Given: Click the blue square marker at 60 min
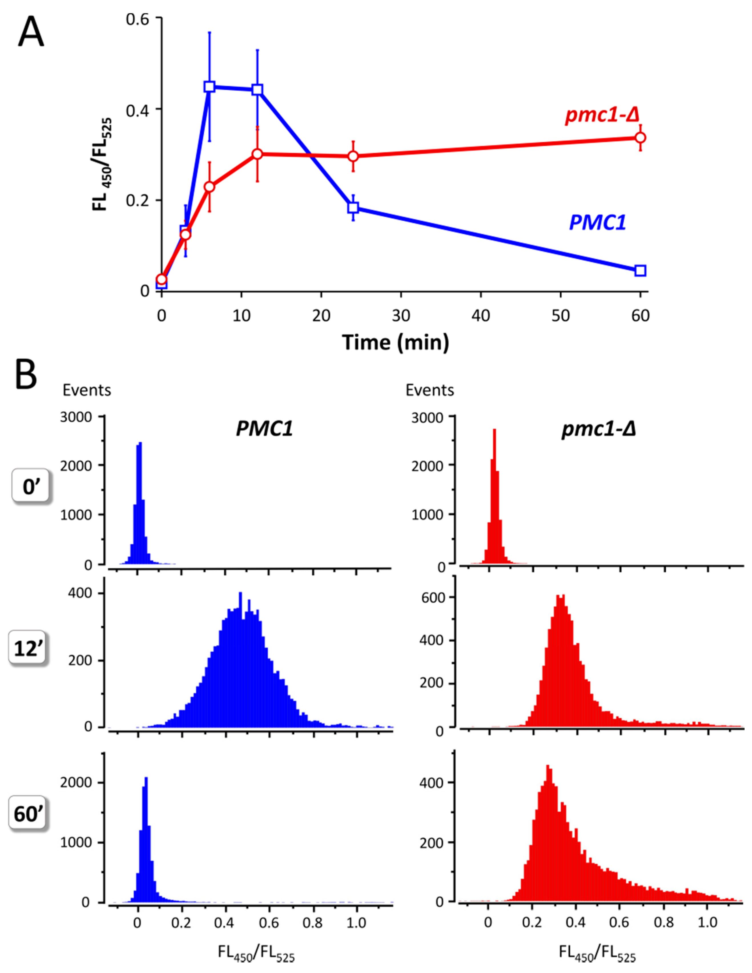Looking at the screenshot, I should coord(640,270).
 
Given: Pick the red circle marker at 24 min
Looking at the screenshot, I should coord(353,156).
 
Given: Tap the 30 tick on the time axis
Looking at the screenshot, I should coord(401,315).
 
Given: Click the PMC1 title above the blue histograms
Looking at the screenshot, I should coord(264,429).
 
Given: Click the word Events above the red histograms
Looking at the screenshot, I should coord(430,390).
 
